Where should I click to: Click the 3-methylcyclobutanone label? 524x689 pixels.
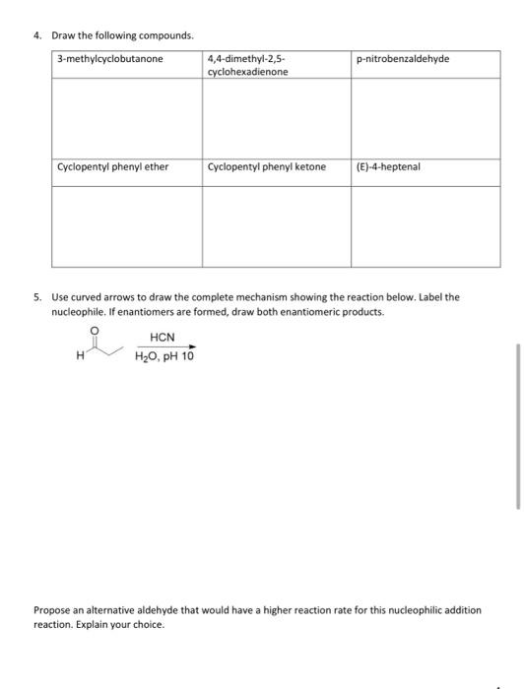(110, 59)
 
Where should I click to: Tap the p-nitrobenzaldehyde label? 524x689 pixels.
(403, 59)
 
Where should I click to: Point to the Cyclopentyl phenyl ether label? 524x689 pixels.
(113, 166)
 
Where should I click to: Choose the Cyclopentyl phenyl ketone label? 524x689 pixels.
(267, 166)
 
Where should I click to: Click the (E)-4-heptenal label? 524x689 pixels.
(388, 166)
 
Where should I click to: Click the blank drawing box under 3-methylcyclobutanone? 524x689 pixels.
(127, 117)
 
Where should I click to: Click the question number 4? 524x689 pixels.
(36, 36)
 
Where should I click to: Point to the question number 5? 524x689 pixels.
(36, 296)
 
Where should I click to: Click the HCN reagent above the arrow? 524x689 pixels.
(163, 338)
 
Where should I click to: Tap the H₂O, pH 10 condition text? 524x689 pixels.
(164, 356)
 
